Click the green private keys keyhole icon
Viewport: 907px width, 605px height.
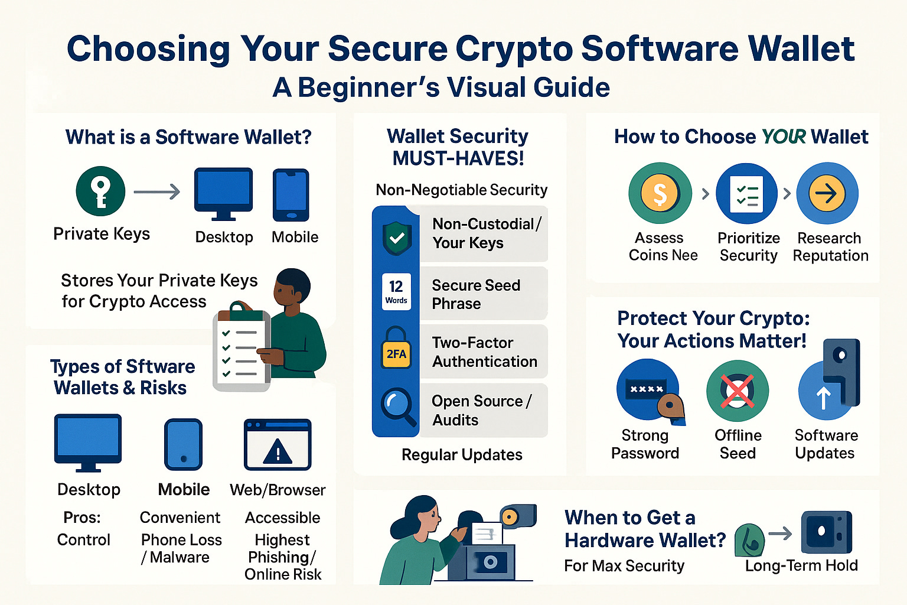[100, 191]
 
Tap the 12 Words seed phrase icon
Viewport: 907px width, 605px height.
[396, 292]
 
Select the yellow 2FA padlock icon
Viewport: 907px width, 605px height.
[396, 353]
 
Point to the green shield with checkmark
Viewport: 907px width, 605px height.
[397, 238]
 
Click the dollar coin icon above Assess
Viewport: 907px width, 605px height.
[660, 193]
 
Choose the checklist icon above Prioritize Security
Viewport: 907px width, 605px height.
[747, 194]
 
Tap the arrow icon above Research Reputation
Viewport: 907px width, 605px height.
[827, 193]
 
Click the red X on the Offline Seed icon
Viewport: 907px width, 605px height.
[737, 391]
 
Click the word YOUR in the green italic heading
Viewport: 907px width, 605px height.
[784, 136]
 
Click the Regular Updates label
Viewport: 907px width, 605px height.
[462, 454]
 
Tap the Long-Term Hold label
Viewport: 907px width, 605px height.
[801, 565]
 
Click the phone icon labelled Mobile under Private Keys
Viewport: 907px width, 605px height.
[291, 195]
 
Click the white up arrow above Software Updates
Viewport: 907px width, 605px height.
[823, 398]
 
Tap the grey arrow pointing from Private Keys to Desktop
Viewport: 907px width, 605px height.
[157, 191]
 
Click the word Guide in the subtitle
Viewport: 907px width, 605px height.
[572, 87]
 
